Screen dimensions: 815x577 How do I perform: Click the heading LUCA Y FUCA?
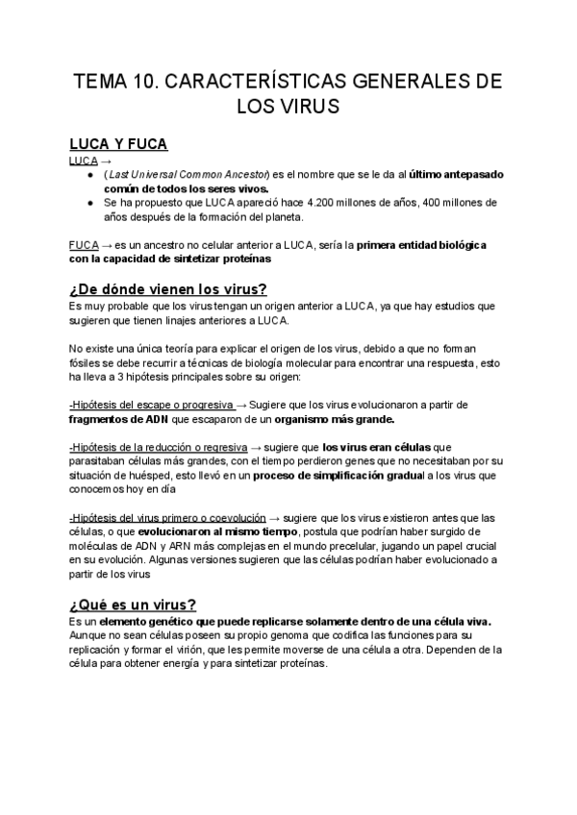(119, 144)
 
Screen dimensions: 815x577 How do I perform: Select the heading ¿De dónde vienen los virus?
(168, 289)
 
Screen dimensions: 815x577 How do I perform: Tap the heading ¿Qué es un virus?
(133, 604)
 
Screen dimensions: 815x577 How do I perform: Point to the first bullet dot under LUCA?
(89, 176)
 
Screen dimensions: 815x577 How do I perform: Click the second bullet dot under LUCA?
(89, 203)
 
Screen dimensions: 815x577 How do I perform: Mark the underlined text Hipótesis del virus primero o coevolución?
(167, 516)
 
